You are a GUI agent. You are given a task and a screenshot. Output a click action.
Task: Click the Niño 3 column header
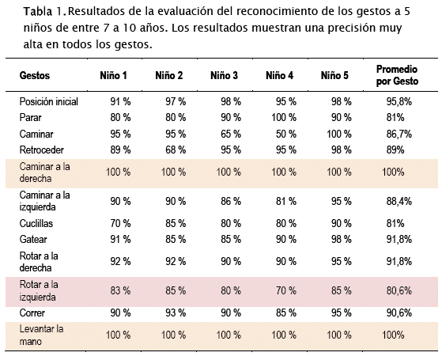(224, 75)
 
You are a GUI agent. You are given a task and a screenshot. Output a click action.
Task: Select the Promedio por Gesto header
(397, 75)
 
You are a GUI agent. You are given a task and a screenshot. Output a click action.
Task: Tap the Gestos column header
(35, 75)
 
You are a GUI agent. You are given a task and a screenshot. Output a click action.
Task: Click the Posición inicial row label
(49, 101)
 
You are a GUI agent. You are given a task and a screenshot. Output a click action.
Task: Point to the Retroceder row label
(42, 150)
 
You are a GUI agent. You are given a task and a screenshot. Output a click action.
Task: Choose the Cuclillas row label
(36, 223)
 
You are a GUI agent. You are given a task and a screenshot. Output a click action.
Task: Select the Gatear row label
(33, 239)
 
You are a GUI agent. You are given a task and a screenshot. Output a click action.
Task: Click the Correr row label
(32, 313)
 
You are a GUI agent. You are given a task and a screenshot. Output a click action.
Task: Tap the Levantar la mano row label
(41, 335)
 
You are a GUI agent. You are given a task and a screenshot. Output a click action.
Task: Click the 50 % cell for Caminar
(286, 134)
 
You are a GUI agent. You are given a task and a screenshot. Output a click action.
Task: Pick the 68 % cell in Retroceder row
(176, 150)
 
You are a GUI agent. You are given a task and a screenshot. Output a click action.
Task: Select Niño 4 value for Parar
(284, 117)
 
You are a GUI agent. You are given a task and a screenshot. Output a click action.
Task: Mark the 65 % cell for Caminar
(231, 134)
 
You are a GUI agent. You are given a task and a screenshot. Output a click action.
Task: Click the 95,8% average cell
(399, 101)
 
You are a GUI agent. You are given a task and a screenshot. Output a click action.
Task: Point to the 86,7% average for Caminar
(399, 134)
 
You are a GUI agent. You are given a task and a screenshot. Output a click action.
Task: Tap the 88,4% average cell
(399, 202)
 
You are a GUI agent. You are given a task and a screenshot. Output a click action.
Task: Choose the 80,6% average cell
(399, 290)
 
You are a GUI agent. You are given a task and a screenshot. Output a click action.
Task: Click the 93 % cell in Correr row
(176, 313)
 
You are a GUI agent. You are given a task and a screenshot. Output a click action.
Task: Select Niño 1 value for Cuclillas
(120, 223)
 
